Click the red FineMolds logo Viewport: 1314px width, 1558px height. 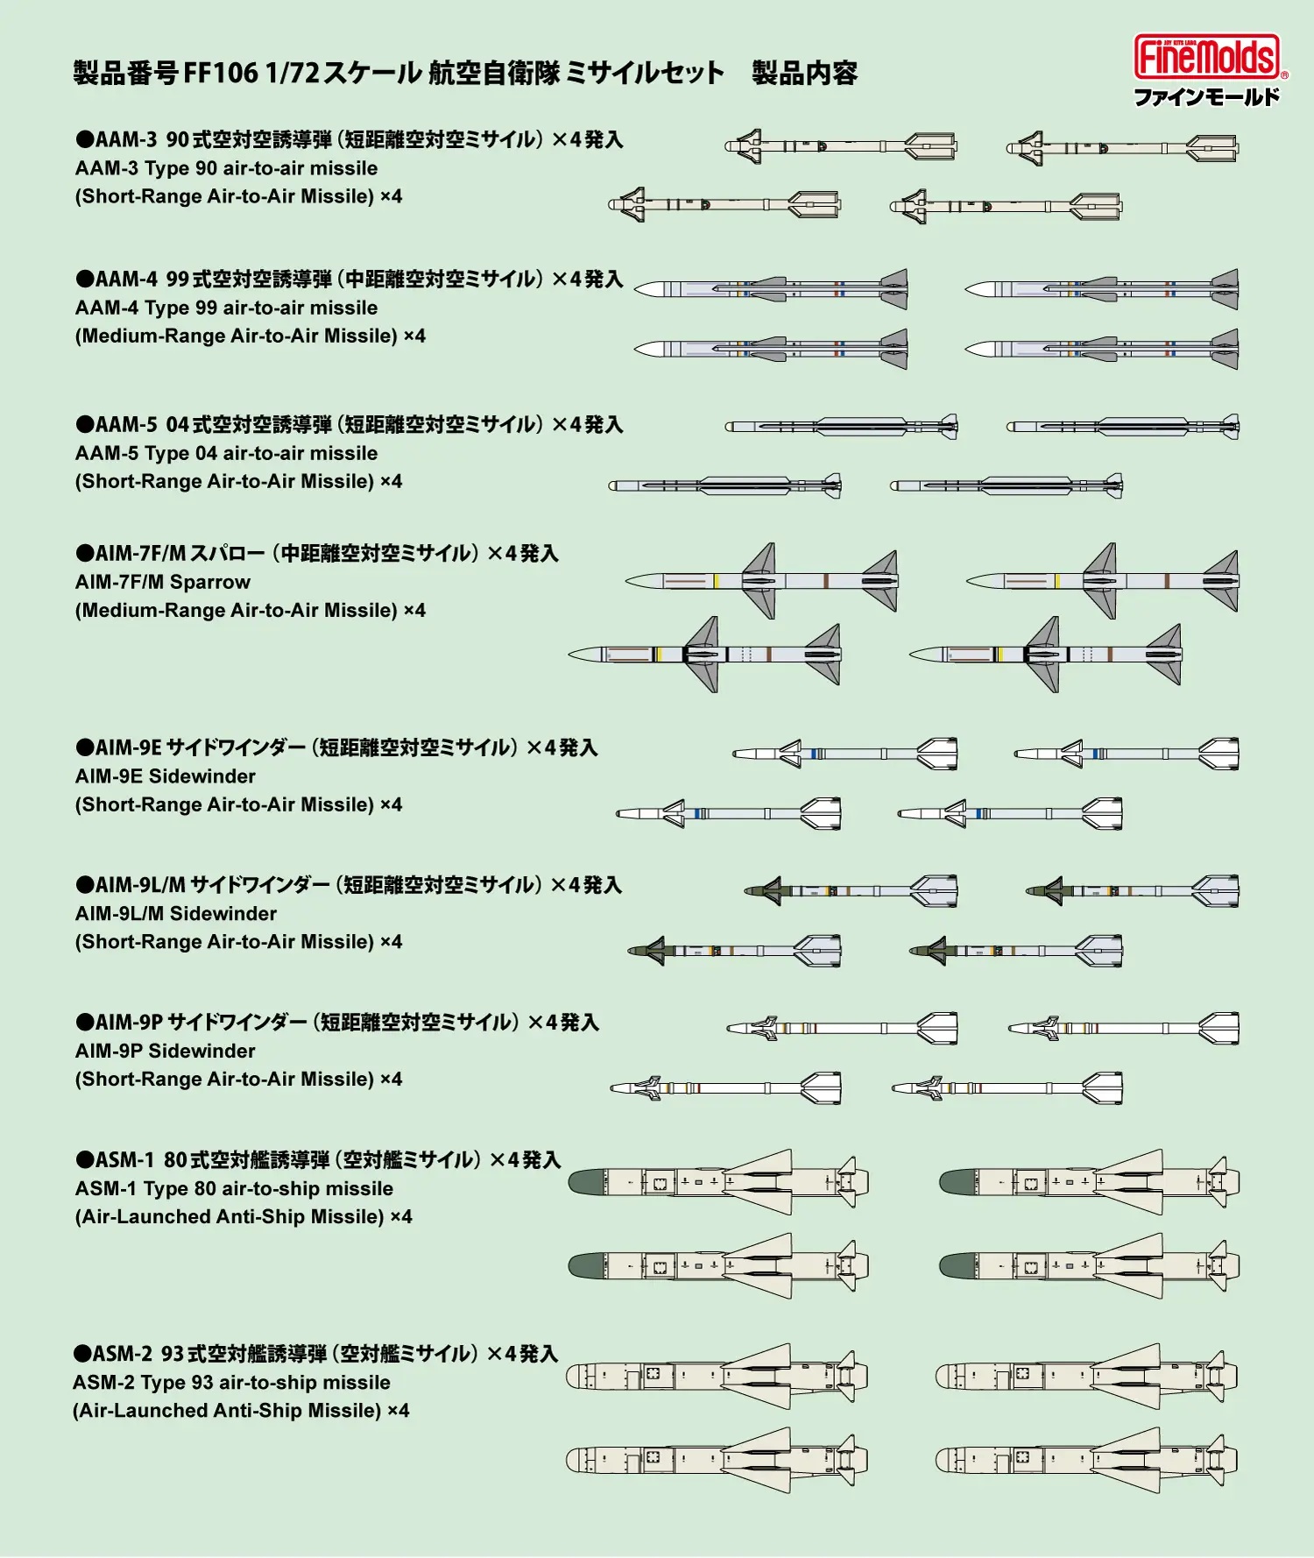click(x=1207, y=58)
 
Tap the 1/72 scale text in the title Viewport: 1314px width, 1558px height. click(x=292, y=73)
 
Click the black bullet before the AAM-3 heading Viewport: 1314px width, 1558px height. click(x=84, y=139)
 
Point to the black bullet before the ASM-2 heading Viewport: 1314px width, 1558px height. click(x=82, y=1354)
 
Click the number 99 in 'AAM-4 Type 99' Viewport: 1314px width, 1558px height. click(x=206, y=308)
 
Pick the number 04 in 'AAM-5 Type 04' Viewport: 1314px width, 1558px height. click(x=206, y=453)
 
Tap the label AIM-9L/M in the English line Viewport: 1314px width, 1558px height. click(x=119, y=914)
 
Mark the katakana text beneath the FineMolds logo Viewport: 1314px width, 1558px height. click(x=1206, y=96)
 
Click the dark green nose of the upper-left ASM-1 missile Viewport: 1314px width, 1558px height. click(x=585, y=1183)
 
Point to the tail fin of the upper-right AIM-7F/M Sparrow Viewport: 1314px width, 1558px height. click(x=1222, y=581)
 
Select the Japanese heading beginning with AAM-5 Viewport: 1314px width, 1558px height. click(x=349, y=425)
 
